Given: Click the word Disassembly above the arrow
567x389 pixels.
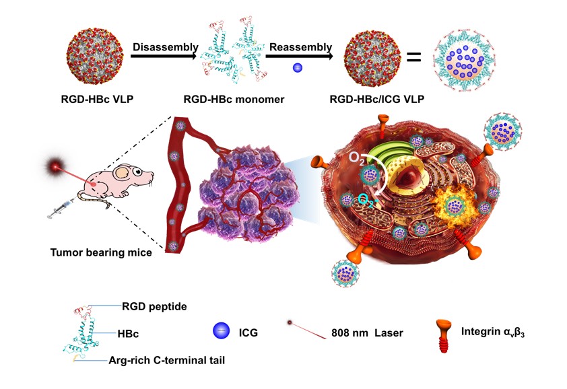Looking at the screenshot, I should (x=165, y=47).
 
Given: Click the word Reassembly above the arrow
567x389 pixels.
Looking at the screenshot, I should (x=300, y=47).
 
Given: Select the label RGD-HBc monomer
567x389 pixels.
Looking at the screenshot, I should (x=234, y=100).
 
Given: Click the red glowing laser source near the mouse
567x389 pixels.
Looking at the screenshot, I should (x=55, y=166).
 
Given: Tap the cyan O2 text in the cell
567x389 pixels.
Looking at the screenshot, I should (x=368, y=199).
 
